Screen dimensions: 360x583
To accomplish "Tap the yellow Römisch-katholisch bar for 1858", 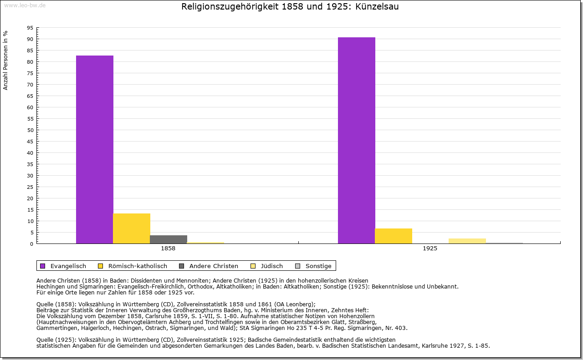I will pos(132,228).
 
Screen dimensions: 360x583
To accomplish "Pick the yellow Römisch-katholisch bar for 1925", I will pos(394,236).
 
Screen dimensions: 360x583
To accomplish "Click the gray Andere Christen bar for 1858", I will pos(169,239).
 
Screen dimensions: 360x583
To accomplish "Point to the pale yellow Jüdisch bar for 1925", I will pos(467,241).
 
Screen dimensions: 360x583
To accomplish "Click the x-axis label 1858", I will pos(168,249).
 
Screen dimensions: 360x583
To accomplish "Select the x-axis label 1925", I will pos(430,249).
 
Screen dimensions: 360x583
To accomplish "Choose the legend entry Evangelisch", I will pos(68,266).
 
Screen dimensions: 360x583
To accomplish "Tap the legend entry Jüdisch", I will pos(271,266).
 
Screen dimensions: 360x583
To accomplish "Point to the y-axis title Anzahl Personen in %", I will pos(5,60).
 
